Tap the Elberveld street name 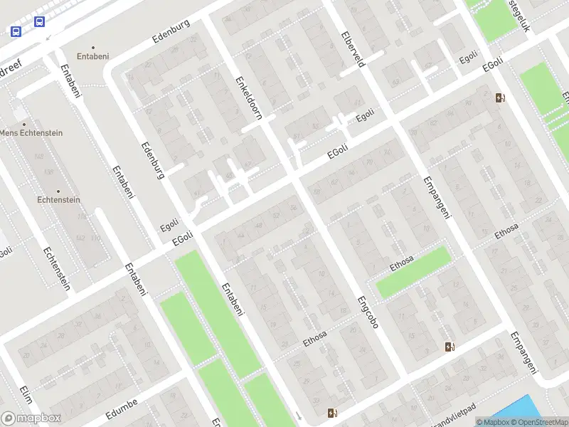pyautogui.click(x=353, y=48)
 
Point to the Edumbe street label pyautogui.click(x=120, y=413)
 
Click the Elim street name pyautogui.click(x=27, y=394)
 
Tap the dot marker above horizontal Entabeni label pyautogui.click(x=93, y=47)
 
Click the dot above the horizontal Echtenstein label pyautogui.click(x=58, y=191)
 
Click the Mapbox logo pyautogui.click(x=31, y=418)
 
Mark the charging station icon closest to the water pyautogui.click(x=449, y=347)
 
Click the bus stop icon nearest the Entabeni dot pyautogui.click(x=38, y=22)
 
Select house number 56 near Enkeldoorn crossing pyautogui.click(x=294, y=207)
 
